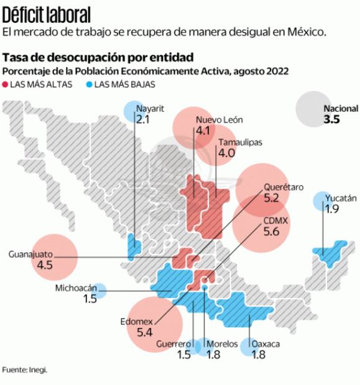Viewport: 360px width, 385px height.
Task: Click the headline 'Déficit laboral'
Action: [x=47, y=14]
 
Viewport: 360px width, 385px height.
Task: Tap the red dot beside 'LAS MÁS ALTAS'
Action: [x=6, y=83]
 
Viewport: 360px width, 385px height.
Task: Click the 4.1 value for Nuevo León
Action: [x=203, y=131]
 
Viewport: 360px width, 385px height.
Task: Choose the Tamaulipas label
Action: [x=240, y=142]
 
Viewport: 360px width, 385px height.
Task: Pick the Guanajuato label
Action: [x=30, y=254]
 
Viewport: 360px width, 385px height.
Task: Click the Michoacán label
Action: [x=76, y=288]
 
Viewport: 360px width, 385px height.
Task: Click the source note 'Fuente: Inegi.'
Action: [x=24, y=370]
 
